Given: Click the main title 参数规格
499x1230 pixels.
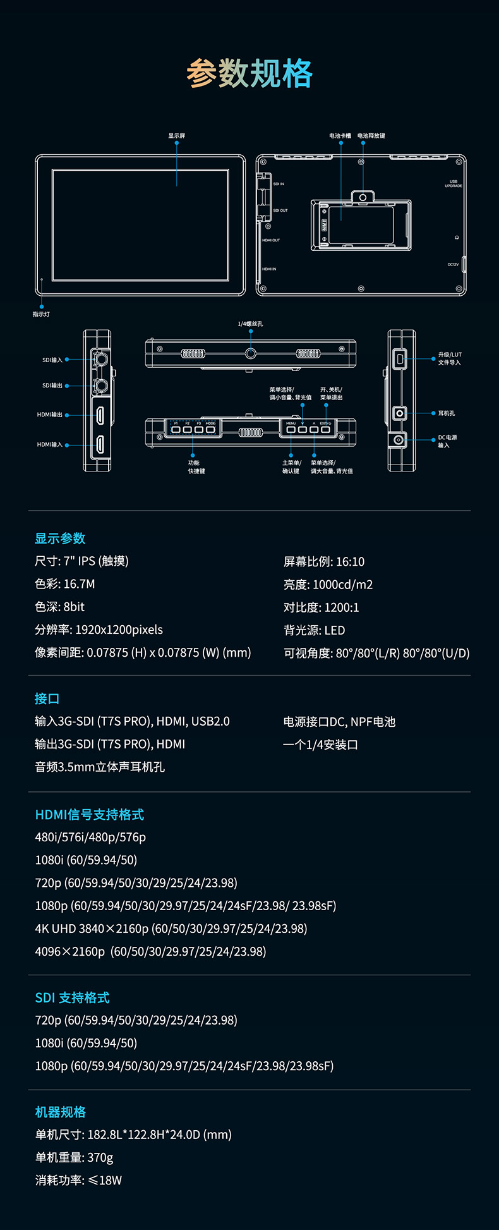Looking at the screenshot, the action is [249, 73].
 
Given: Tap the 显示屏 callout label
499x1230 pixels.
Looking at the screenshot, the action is [177, 136].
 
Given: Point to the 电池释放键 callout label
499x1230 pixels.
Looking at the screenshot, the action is [371, 136].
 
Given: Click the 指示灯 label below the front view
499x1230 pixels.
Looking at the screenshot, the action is [42, 314].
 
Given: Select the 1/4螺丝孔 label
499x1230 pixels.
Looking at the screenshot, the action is [251, 324].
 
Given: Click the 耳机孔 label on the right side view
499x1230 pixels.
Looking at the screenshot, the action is [447, 413].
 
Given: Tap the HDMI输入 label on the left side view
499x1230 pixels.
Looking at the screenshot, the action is [50, 445].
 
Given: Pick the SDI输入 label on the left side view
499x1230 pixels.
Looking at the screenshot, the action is [52, 360].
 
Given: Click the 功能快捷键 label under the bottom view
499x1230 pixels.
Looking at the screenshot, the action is [196, 467].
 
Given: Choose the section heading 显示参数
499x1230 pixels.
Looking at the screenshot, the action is [60, 539].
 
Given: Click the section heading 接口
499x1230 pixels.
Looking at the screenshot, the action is [47, 698].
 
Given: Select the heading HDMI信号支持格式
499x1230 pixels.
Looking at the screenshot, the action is [90, 815].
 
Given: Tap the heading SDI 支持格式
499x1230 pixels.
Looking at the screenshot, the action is [73, 997].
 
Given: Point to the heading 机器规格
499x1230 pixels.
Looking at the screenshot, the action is [61, 1112].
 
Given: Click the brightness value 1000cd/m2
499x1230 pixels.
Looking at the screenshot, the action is [343, 585].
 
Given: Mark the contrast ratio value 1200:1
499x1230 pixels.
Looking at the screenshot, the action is [342, 607].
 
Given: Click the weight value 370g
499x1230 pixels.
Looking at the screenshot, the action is [100, 1157].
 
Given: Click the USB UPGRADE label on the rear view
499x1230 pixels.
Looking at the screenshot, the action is [454, 183].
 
